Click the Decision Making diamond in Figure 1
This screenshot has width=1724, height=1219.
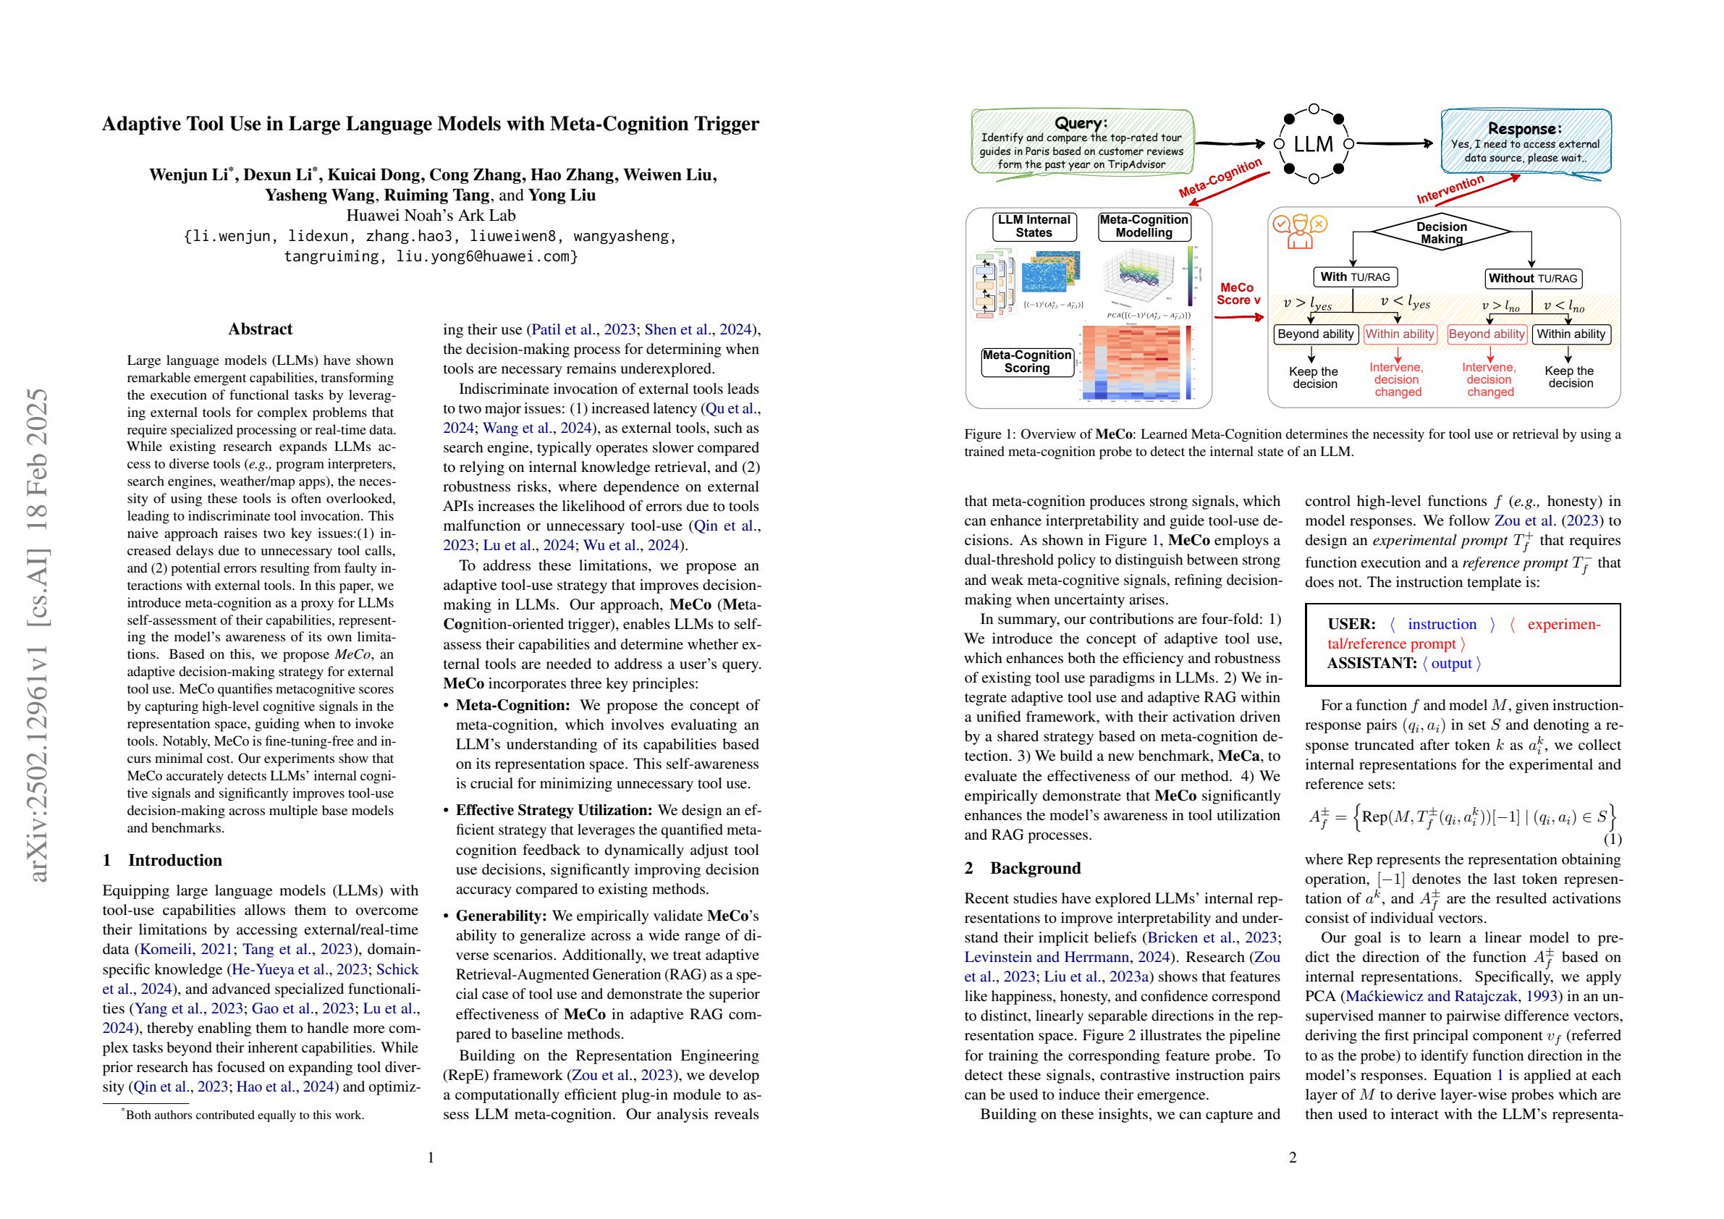click(x=1441, y=233)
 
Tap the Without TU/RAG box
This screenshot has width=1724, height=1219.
click(x=1532, y=278)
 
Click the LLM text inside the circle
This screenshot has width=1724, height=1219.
click(x=1314, y=143)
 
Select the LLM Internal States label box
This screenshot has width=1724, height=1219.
click(x=1034, y=226)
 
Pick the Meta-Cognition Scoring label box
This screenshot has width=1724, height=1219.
click(x=1026, y=361)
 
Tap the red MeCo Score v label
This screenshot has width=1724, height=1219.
click(x=1238, y=294)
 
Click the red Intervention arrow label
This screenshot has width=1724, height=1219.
click(x=1450, y=188)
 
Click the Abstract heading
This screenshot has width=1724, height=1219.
click(x=260, y=329)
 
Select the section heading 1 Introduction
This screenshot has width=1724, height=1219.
click(x=162, y=860)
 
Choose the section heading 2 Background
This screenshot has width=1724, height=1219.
click(x=1022, y=867)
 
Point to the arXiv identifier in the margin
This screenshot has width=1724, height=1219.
click(x=38, y=635)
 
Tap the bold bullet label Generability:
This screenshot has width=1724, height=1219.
click(x=501, y=916)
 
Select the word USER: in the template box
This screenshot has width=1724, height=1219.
click(x=1351, y=624)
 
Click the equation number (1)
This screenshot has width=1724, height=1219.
click(x=1612, y=839)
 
